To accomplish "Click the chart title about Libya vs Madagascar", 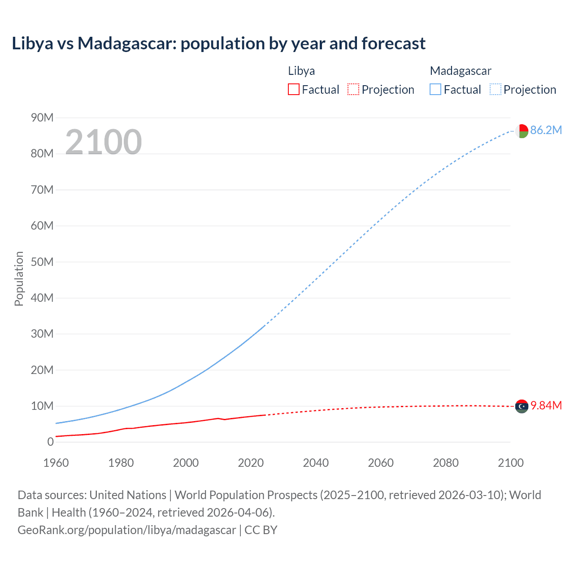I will (218, 43).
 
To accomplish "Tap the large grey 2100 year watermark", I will (104, 142).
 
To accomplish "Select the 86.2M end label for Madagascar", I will (546, 130).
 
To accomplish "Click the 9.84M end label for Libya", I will (546, 405).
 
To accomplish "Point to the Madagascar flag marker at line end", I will (522, 131).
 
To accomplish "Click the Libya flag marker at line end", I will (522, 406).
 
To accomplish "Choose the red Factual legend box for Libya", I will (293, 90).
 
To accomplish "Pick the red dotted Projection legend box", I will (353, 90).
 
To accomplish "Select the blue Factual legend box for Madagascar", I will (435, 90).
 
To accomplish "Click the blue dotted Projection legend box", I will (495, 90).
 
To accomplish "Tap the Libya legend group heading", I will (301, 71).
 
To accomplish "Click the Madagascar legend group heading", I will (461, 71).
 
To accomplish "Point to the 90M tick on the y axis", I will (42, 117).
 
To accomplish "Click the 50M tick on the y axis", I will (42, 262).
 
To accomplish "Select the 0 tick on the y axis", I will (50, 442).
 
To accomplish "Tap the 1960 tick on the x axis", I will (56, 463).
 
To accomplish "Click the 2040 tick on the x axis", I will (316, 463).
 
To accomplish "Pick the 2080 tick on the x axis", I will (446, 463).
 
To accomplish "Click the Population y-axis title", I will (19, 278).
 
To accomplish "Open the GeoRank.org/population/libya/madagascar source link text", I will (126, 530).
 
